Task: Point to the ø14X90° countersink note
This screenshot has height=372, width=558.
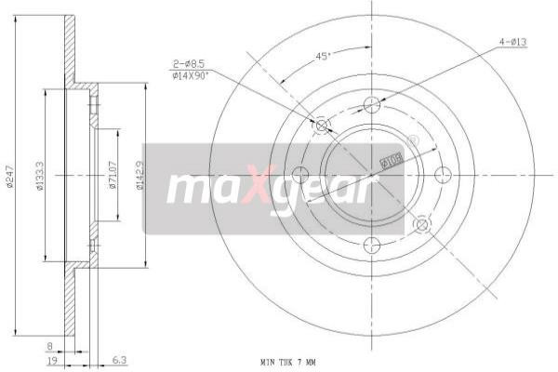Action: pyautogui.click(x=191, y=76)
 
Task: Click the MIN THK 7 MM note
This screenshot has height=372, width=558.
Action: pyautogui.click(x=288, y=361)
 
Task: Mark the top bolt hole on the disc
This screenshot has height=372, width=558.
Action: pyautogui.click(x=372, y=103)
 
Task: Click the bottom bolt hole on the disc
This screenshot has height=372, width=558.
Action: pyautogui.click(x=372, y=245)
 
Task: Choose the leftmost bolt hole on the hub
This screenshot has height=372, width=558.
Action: pyautogui.click(x=300, y=174)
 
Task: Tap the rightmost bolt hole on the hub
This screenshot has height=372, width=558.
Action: pyautogui.click(x=443, y=174)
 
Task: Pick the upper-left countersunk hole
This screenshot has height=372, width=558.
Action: pyautogui.click(x=323, y=125)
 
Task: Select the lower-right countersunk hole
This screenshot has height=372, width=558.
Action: pyautogui.click(x=421, y=223)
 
